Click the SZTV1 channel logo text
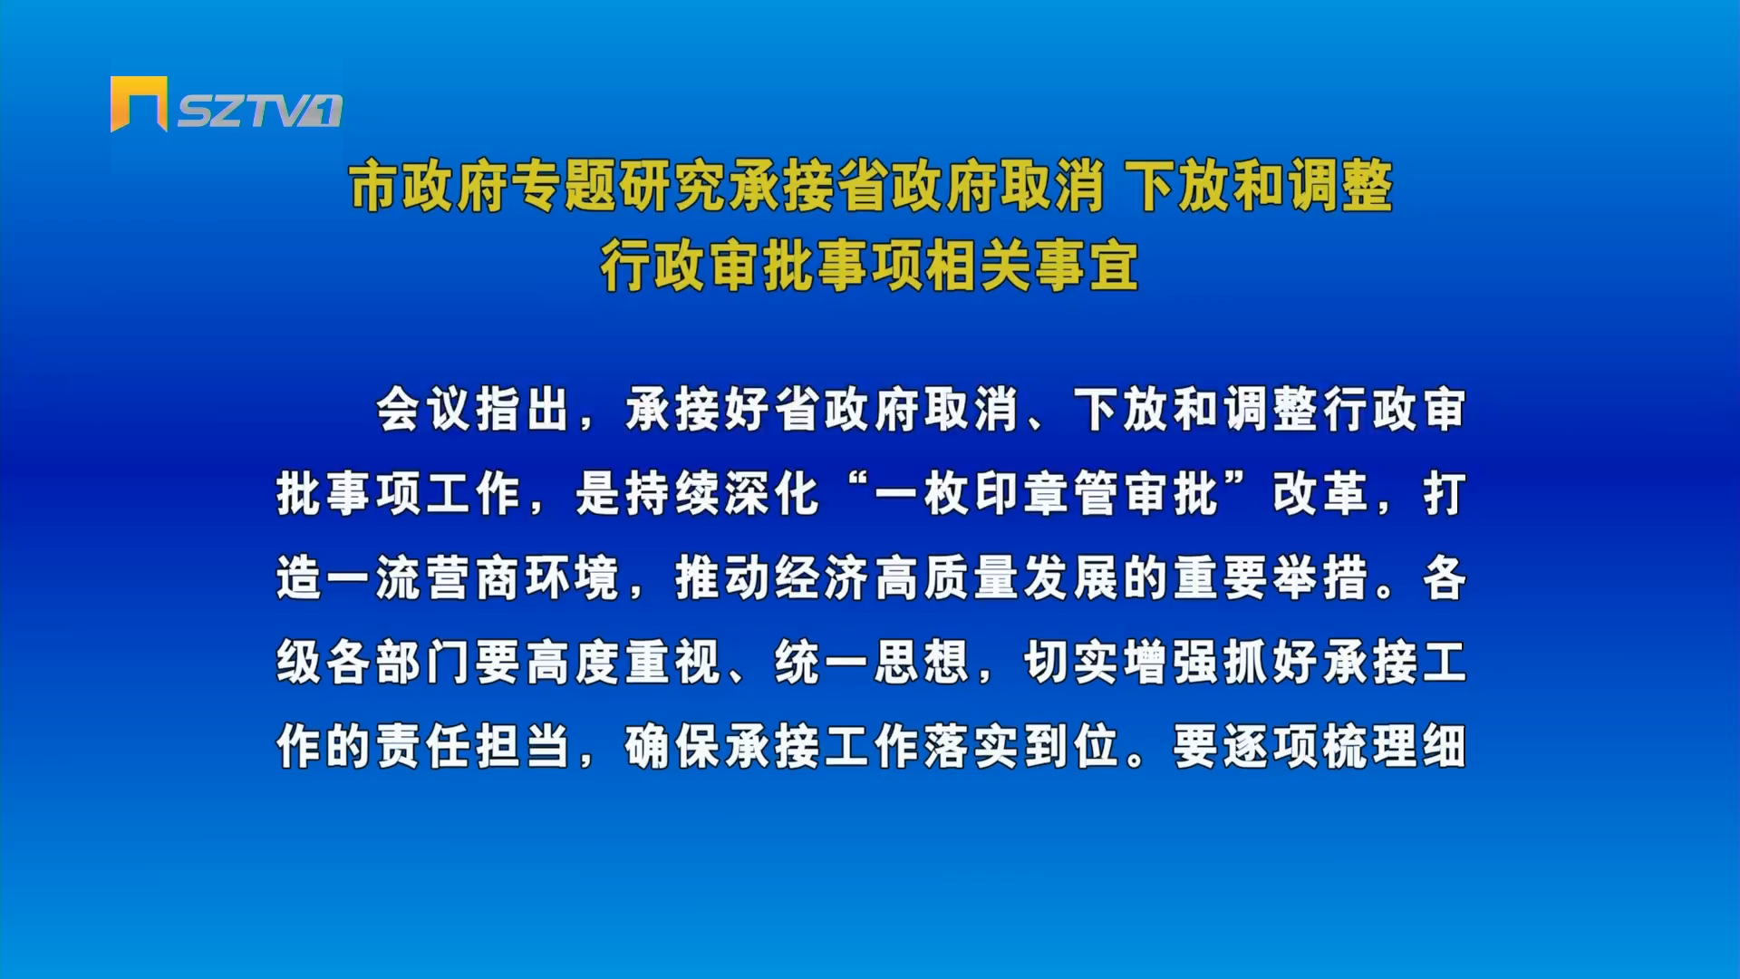click(259, 111)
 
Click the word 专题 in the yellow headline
click(564, 186)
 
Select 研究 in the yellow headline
click(672, 186)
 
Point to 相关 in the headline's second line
click(979, 266)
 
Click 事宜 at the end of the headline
click(1087, 266)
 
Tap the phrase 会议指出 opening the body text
click(473, 409)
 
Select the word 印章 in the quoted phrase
click(1023, 494)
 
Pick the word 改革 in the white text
click(1320, 494)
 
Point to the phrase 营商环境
click(523, 577)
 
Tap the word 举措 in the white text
click(1320, 577)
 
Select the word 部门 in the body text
click(423, 662)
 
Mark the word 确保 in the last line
click(672, 746)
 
